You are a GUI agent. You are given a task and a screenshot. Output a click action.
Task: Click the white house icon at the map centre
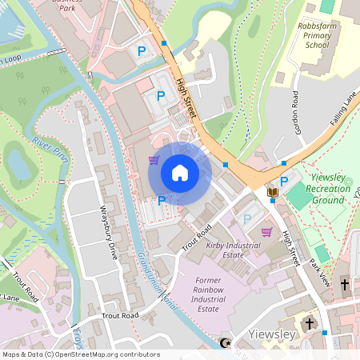click(x=179, y=173)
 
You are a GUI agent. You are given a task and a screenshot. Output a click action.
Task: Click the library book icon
click(x=272, y=192)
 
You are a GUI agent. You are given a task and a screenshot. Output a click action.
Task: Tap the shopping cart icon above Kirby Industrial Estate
click(x=266, y=232)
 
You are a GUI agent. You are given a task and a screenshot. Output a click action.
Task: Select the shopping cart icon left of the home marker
click(x=153, y=160)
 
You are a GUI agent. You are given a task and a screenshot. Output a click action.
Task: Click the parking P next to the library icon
click(x=283, y=181)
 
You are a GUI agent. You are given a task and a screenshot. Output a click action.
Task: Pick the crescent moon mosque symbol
click(x=225, y=344)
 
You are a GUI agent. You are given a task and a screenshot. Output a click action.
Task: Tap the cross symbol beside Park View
click(x=345, y=284)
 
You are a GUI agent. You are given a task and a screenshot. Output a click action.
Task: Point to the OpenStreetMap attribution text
click(x=80, y=354)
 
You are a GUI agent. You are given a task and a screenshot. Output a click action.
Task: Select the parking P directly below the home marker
click(x=162, y=200)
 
